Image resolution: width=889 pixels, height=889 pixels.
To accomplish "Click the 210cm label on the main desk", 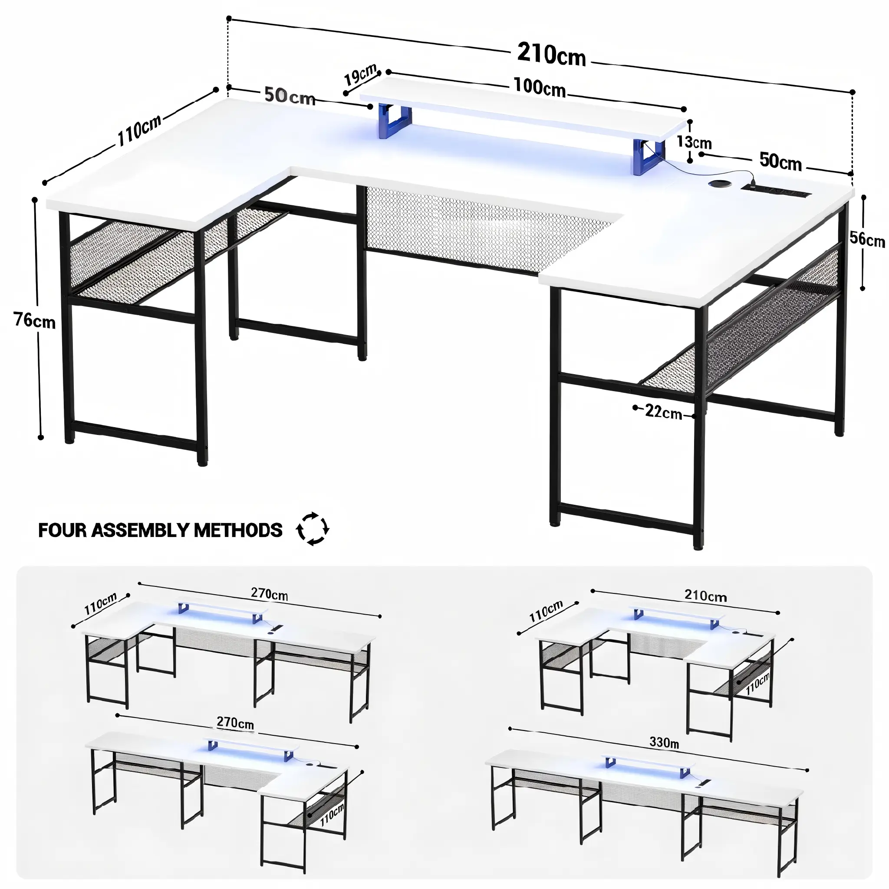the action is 551,55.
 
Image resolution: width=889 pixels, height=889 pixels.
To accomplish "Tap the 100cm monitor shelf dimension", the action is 539,87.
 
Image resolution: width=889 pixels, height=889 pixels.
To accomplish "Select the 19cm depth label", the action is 361,76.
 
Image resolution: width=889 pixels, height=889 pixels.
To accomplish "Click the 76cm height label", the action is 35,320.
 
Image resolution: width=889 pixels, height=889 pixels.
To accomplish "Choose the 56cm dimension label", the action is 867,239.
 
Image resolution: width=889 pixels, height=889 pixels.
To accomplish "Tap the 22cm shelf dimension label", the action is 664,412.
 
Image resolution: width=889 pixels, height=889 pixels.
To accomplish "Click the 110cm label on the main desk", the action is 139,130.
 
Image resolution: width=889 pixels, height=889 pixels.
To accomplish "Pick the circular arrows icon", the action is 313,529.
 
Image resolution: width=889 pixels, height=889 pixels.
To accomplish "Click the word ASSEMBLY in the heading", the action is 140,530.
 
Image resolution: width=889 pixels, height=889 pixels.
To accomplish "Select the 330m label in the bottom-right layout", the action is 664,742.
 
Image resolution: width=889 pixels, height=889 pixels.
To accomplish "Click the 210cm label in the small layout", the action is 705,596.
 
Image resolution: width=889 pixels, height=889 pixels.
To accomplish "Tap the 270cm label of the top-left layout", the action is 269,594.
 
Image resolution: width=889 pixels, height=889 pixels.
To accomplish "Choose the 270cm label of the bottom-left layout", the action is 235,723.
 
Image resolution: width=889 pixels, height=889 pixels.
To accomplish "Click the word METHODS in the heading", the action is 238,530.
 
